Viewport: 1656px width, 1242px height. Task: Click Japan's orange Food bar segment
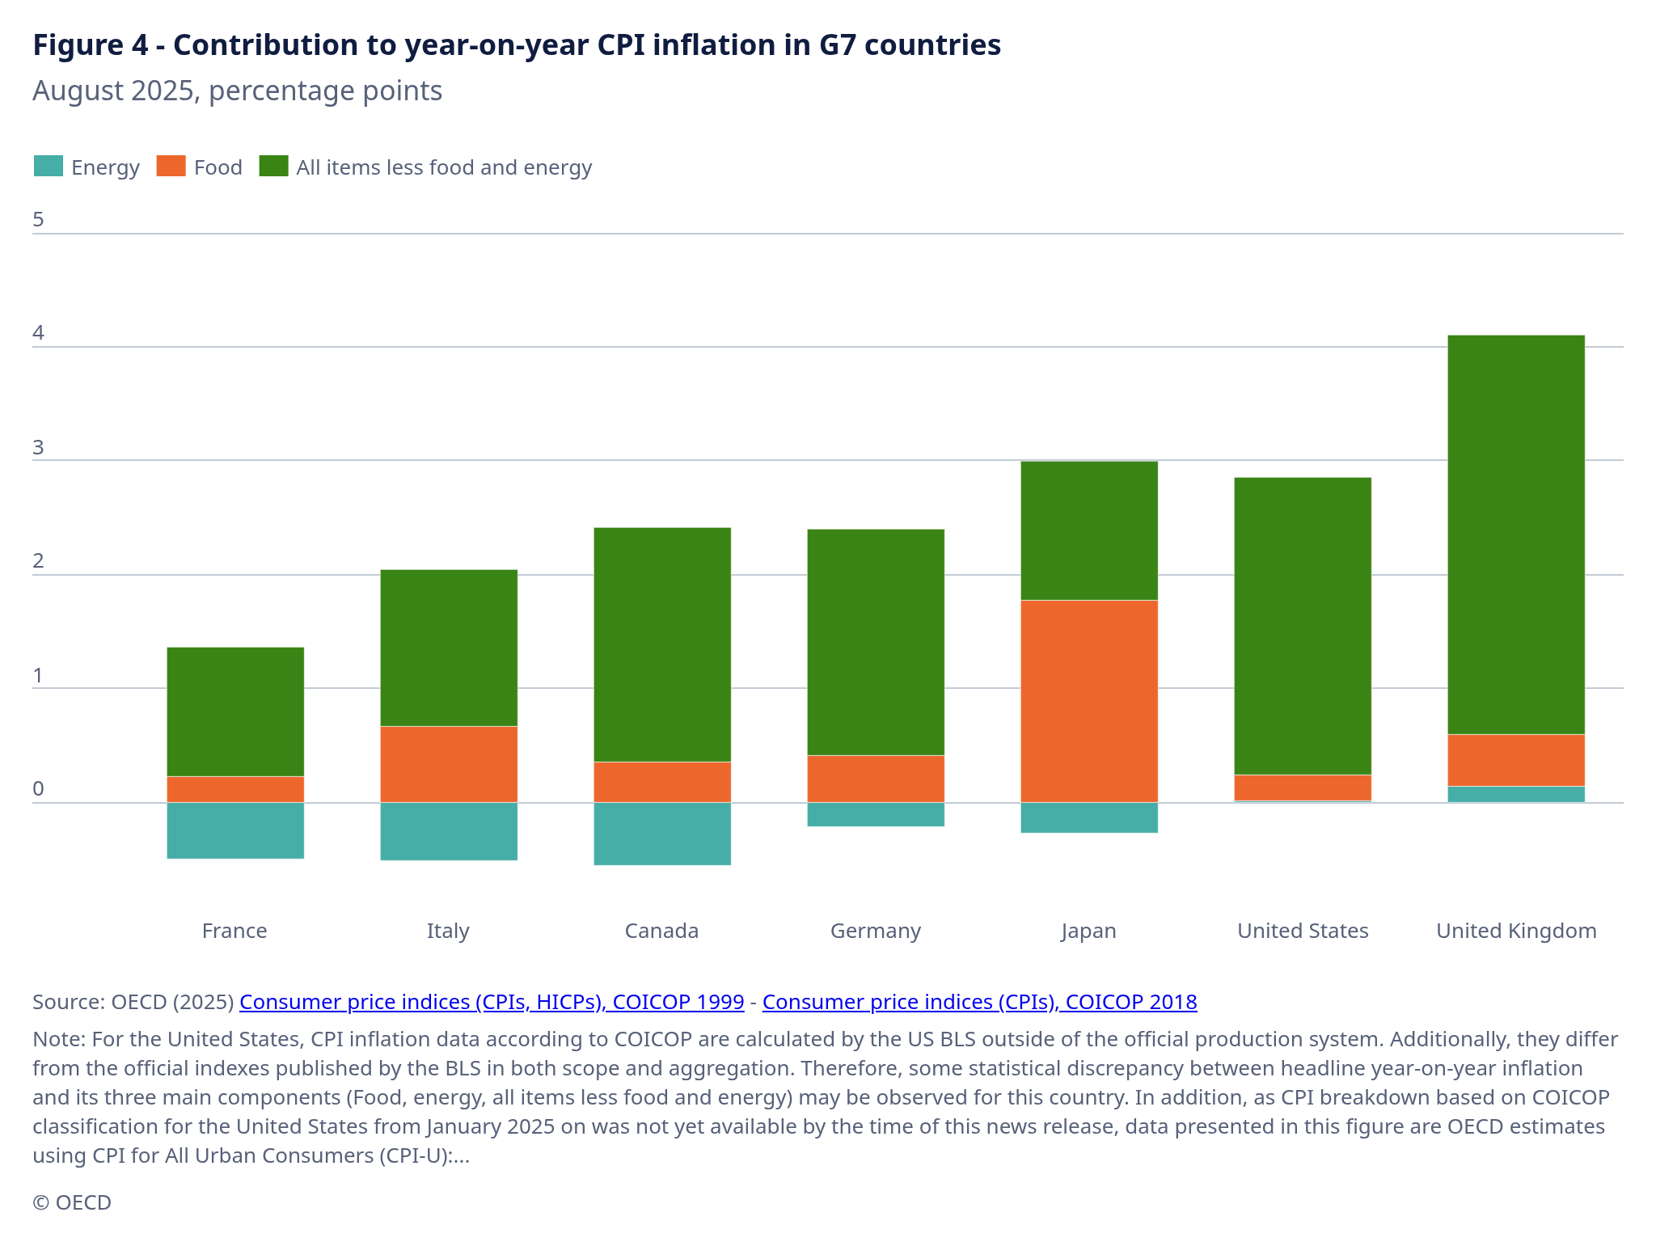[x=1088, y=700]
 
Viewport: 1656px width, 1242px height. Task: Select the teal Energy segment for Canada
[x=661, y=834]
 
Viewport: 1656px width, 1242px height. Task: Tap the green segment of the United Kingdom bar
[x=1515, y=534]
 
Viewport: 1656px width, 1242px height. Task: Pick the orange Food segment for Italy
[x=448, y=764]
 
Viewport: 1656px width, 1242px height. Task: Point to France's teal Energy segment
[x=235, y=830]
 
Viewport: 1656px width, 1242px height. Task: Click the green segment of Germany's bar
[x=876, y=642]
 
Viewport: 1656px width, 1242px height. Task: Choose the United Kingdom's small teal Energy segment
[x=1515, y=794]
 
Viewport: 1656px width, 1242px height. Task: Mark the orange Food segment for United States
[x=1303, y=788]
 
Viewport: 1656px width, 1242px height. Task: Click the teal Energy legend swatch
[x=49, y=166]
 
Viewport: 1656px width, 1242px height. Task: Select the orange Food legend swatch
[x=171, y=166]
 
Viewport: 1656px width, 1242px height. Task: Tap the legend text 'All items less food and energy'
[x=444, y=167]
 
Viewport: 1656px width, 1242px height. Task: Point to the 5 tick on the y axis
[x=38, y=220]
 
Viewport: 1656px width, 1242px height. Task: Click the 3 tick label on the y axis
[x=38, y=448]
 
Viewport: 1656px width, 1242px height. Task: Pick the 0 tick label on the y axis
[x=38, y=789]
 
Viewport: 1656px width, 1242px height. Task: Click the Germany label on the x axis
[x=876, y=931]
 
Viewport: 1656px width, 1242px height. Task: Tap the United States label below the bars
[x=1303, y=931]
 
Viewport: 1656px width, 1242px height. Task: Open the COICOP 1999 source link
[x=492, y=1002]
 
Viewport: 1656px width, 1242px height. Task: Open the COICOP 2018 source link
[x=979, y=1002]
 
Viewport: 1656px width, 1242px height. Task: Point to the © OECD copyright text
[x=72, y=1202]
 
